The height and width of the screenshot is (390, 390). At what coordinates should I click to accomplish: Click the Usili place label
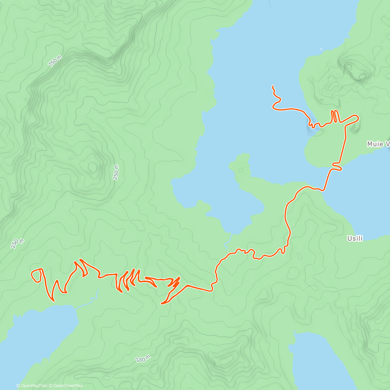tap(355, 239)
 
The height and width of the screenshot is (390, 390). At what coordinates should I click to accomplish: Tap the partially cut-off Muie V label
tap(378, 144)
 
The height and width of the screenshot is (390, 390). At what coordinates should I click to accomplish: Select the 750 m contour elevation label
tap(55, 61)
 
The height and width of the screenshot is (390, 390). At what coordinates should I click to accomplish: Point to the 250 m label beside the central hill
tap(116, 172)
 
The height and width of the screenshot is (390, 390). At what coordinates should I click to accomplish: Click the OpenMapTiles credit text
tap(32, 386)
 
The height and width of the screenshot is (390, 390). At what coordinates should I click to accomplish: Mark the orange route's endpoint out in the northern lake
tap(273, 86)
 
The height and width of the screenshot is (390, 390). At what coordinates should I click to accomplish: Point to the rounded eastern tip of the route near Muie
tap(357, 117)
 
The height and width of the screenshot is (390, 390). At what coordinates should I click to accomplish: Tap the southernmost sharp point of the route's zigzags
tap(162, 304)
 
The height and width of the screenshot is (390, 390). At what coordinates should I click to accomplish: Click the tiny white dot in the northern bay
tap(321, 49)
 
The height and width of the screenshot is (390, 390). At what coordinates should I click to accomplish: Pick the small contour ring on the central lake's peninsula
tap(240, 170)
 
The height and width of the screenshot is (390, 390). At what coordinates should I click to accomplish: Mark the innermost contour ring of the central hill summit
tap(93, 167)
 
